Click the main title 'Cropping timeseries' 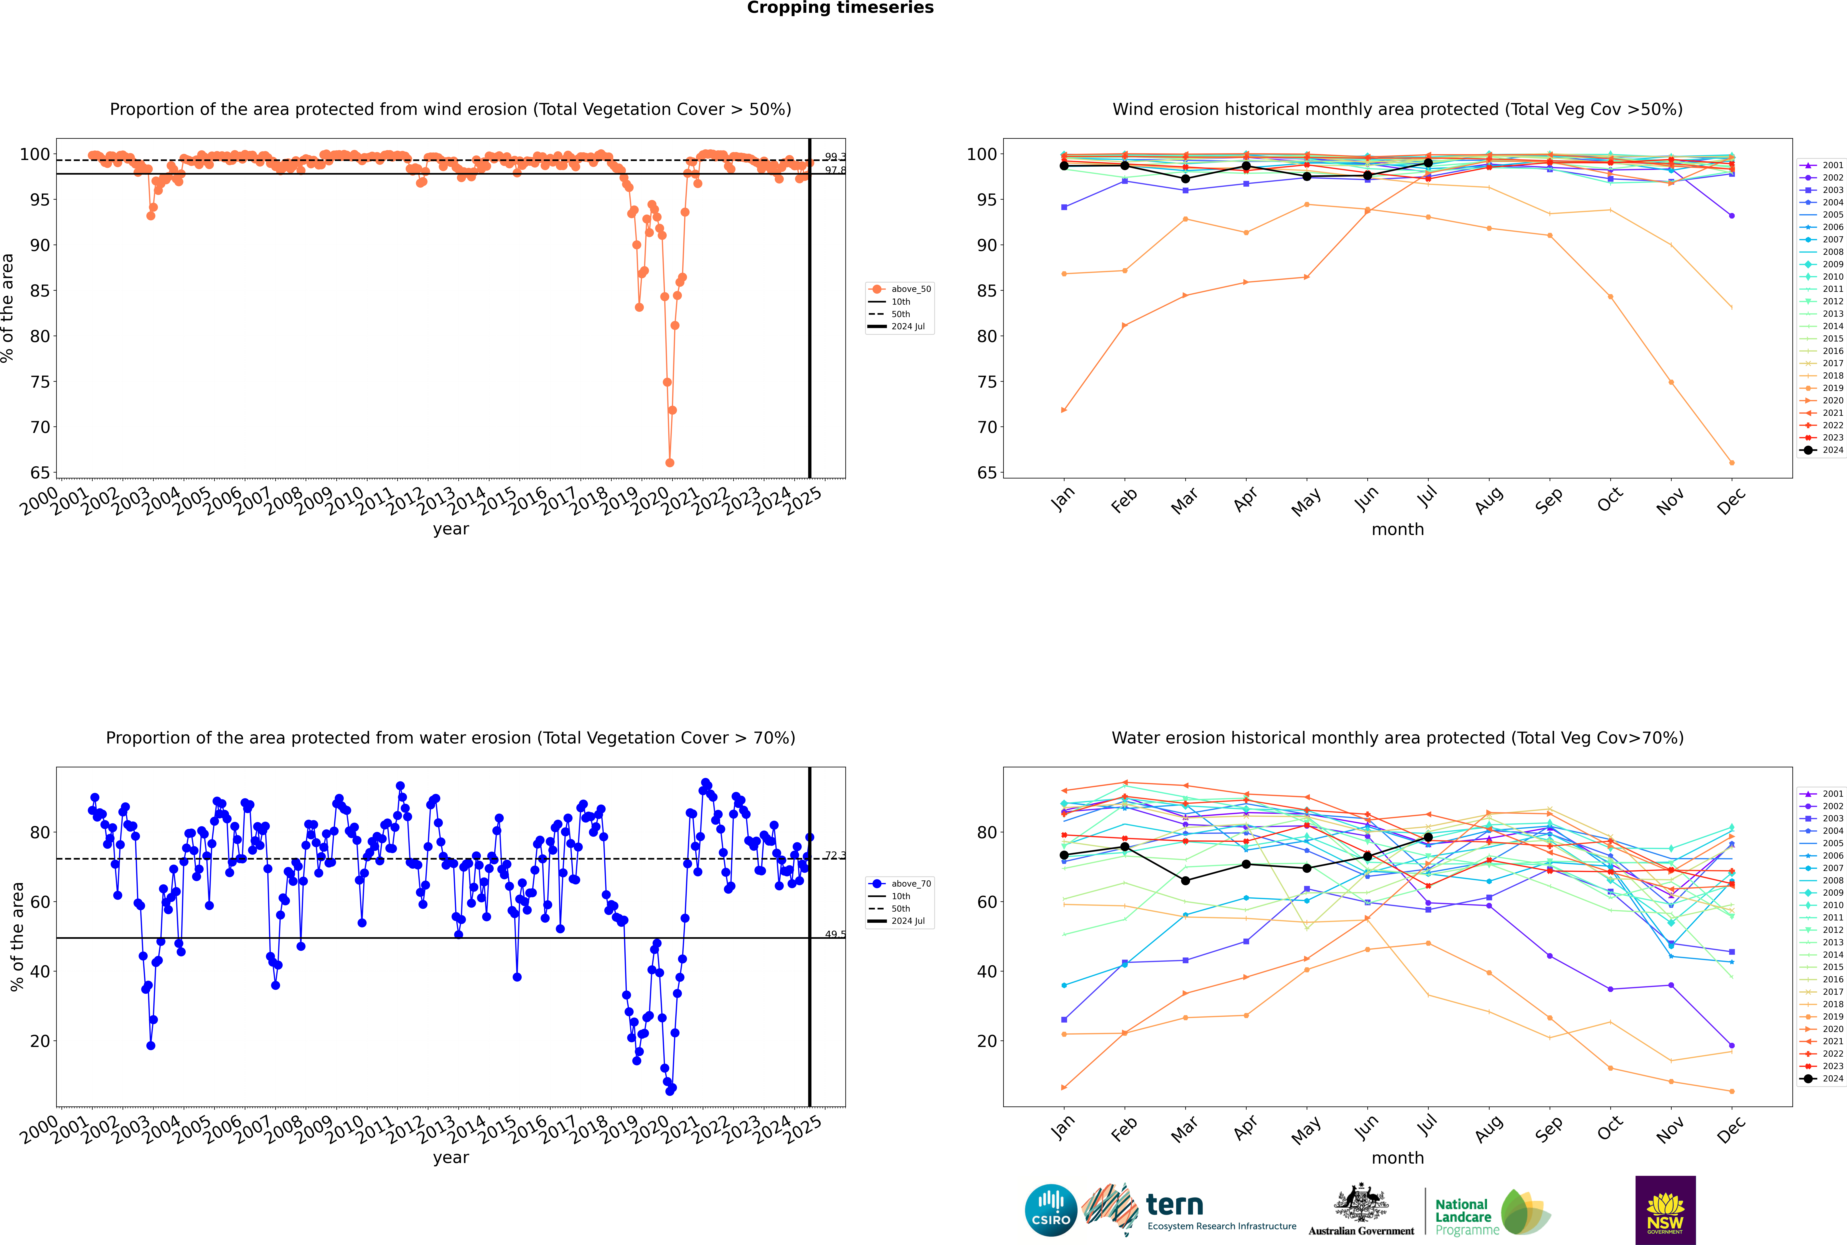(840, 8)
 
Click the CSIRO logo (1051, 1210)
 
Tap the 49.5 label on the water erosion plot (835, 934)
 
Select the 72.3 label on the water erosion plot (835, 855)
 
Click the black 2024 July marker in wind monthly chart (1428, 163)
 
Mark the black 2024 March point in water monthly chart (1185, 881)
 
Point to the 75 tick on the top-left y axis (40, 382)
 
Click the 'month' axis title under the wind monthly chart (1398, 530)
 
